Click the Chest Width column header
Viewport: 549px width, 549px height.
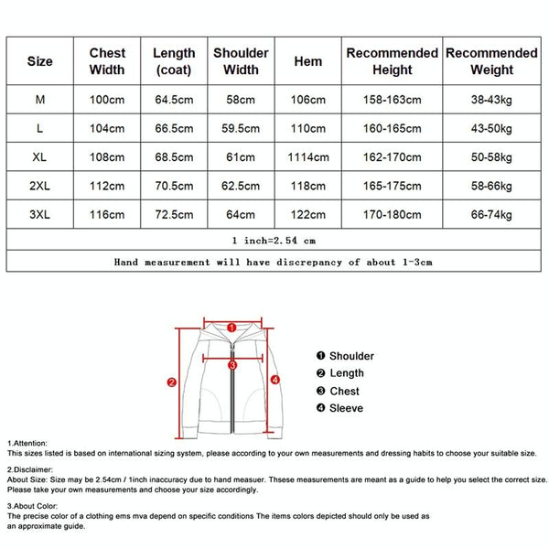click(x=107, y=61)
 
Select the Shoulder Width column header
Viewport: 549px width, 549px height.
click(x=241, y=61)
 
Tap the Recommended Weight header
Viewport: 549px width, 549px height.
click(x=492, y=61)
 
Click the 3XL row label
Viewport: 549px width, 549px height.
click(x=39, y=213)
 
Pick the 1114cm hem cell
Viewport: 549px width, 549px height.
click(x=308, y=156)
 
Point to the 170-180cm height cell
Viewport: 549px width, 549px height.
click(x=392, y=213)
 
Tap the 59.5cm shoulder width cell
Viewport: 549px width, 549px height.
click(x=241, y=128)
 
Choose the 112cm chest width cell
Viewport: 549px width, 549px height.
click(x=107, y=185)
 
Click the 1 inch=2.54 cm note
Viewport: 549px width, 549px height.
click(x=274, y=241)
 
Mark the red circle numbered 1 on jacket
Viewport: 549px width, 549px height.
click(x=231, y=326)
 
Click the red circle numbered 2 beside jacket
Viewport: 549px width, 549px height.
click(x=171, y=382)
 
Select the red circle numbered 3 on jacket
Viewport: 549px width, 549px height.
click(x=232, y=364)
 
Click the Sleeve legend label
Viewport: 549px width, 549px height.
click(x=346, y=408)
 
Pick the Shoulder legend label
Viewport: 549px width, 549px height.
click(x=351, y=356)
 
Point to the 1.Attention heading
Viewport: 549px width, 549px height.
click(x=28, y=443)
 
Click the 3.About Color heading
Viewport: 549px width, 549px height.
click(x=33, y=504)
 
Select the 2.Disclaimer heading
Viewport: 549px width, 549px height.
click(x=30, y=469)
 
